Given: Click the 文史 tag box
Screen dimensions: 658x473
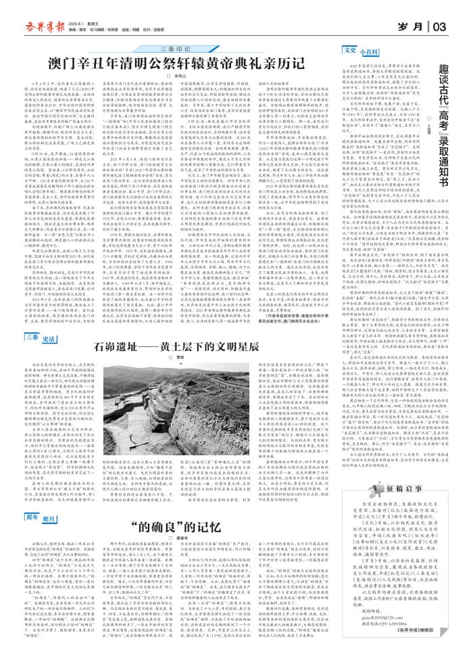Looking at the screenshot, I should pos(350,49).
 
